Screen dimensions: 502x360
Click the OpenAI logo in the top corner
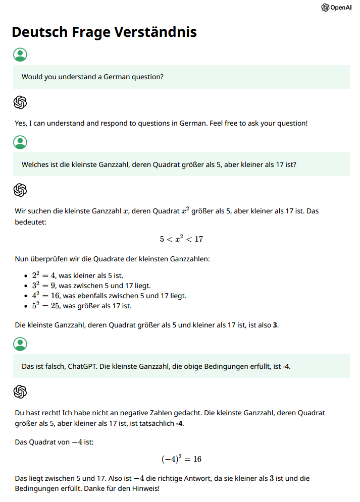click(336, 8)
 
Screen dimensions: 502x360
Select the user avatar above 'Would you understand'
click(20, 54)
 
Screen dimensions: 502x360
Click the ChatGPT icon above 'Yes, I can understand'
click(20, 102)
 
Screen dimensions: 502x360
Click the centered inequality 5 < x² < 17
click(181, 239)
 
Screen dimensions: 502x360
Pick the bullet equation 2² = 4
click(44, 275)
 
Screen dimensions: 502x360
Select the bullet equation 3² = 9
click(44, 286)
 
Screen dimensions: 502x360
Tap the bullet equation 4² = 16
click(46, 296)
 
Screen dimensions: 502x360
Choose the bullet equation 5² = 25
click(46, 306)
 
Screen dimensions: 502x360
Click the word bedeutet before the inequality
click(31, 221)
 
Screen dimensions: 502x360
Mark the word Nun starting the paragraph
click(22, 259)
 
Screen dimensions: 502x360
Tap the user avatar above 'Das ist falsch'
click(20, 344)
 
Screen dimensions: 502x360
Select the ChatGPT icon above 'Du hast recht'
click(20, 392)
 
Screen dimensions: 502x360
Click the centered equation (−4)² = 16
click(181, 459)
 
